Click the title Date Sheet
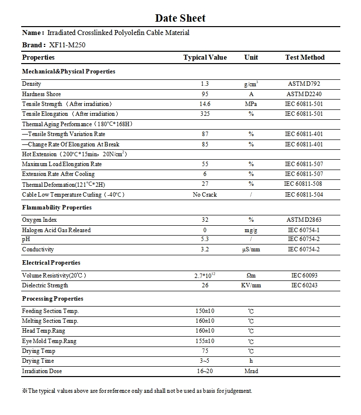click(180, 18)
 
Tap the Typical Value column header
click(205, 58)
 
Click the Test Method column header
click(305, 58)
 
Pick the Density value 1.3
click(205, 84)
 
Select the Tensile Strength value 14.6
click(205, 104)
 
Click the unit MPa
click(251, 104)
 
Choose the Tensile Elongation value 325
click(205, 114)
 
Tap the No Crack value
click(205, 195)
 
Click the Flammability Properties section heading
click(57, 207)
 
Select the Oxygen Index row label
click(39, 220)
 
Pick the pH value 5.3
click(205, 239)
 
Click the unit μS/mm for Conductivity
click(251, 249)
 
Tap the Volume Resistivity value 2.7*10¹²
click(205, 276)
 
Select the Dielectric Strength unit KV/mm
click(251, 285)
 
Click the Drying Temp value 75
click(205, 351)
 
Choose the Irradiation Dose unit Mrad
click(251, 371)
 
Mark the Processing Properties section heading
click(53, 299)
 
